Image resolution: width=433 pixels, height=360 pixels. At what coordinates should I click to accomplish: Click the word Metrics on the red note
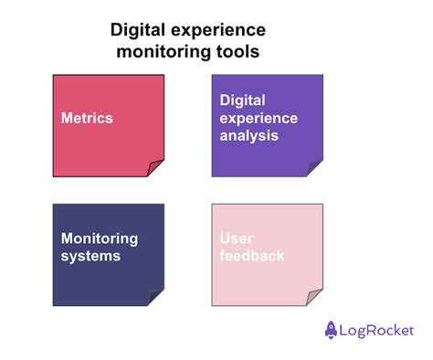click(87, 118)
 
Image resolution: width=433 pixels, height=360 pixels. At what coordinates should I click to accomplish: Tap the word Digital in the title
click(138, 31)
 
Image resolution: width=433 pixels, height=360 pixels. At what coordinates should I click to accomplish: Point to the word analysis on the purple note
click(249, 136)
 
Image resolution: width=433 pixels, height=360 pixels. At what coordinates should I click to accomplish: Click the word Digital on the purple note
click(242, 101)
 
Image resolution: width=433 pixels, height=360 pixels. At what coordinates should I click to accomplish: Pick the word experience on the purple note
click(259, 119)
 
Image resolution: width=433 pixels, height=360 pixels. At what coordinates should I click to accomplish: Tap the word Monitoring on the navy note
click(100, 239)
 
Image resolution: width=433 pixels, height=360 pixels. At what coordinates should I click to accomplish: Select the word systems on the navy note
click(90, 257)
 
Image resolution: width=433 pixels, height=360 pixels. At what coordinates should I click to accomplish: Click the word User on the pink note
click(236, 238)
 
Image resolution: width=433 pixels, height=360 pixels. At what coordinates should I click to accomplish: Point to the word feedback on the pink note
click(252, 255)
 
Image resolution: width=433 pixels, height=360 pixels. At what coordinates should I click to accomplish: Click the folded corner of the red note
click(153, 168)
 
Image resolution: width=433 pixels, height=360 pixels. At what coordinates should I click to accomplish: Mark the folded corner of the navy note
click(153, 298)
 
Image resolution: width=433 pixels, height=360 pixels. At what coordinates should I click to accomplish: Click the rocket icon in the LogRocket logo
click(331, 330)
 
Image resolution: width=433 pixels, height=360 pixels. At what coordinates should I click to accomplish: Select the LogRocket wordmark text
click(376, 331)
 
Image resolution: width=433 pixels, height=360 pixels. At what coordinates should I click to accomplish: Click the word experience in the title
click(218, 31)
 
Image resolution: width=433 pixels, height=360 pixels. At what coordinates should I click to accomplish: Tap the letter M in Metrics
click(67, 118)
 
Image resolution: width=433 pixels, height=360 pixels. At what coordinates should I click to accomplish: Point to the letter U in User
click(225, 238)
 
